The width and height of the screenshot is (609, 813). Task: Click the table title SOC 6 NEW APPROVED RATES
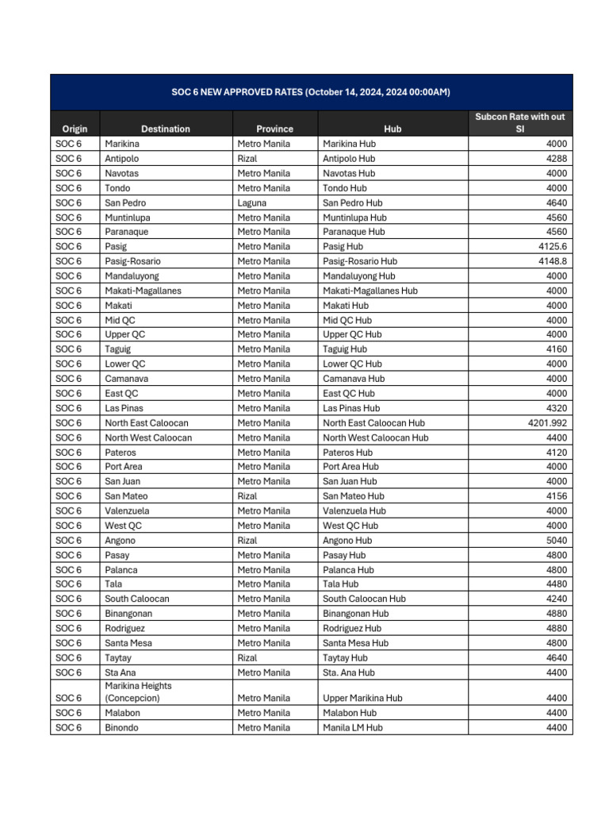tap(311, 92)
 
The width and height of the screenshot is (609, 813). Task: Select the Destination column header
tap(165, 129)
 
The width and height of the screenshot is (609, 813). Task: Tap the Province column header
tap(274, 129)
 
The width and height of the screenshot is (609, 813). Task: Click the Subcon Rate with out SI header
tap(519, 122)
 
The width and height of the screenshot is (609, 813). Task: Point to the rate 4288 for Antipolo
tap(557, 159)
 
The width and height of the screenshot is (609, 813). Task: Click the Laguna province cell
tap(251, 202)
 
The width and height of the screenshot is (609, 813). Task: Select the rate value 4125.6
tap(550, 247)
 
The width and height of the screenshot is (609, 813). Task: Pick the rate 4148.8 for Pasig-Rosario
tap(550, 261)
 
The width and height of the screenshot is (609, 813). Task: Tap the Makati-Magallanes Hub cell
tap(370, 291)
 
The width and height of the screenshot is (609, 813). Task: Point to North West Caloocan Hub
tap(375, 437)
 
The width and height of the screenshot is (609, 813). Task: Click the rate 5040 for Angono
tap(557, 541)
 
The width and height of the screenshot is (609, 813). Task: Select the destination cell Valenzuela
tap(127, 511)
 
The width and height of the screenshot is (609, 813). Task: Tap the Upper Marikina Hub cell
tap(362, 698)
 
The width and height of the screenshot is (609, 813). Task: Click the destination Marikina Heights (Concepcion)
tap(138, 692)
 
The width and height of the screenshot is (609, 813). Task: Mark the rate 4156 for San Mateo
tap(557, 496)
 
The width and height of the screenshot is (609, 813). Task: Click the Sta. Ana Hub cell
tap(349, 672)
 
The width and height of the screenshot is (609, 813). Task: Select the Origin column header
tap(75, 129)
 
